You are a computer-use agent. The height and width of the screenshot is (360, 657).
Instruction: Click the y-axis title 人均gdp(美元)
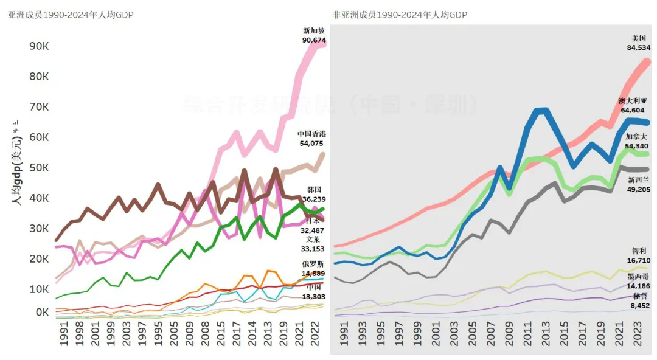(18, 170)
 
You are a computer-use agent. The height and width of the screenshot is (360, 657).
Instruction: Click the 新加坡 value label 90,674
(314, 40)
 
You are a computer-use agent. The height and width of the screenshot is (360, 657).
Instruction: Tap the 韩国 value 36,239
(314, 199)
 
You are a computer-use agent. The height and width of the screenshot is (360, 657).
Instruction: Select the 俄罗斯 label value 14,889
(314, 273)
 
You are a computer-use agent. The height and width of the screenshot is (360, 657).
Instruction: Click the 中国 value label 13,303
(314, 297)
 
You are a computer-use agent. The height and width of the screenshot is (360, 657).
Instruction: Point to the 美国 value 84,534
(639, 47)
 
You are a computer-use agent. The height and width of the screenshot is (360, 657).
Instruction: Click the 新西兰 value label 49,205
(639, 189)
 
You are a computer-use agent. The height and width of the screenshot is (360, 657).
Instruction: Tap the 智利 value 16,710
(639, 260)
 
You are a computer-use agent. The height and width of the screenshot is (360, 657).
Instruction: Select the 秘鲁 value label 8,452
(639, 305)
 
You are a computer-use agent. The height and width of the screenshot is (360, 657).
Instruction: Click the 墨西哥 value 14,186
(639, 286)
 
